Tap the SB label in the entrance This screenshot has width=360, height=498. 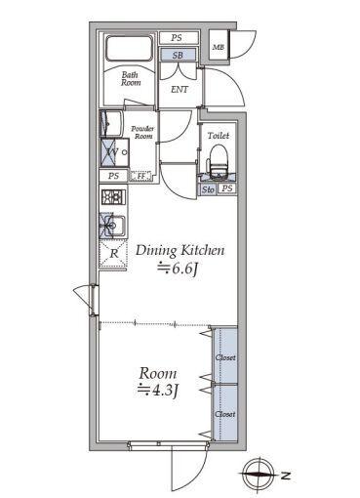(177, 56)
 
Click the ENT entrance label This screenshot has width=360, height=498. (180, 90)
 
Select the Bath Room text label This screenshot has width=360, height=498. (131, 79)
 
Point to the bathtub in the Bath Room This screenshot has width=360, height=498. (131, 51)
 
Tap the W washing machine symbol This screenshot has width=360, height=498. (113, 153)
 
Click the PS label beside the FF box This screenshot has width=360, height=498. (114, 177)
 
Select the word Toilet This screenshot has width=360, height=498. (218, 137)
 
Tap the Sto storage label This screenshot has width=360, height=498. (208, 188)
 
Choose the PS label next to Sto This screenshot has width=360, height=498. (226, 188)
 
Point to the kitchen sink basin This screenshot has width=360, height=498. (109, 228)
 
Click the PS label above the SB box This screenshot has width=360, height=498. (177, 38)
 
